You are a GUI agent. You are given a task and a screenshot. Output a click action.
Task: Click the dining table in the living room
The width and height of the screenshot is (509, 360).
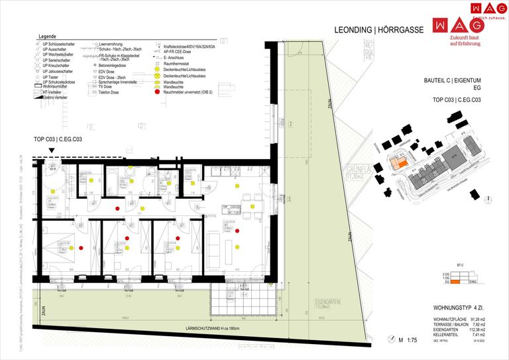tap(252, 197)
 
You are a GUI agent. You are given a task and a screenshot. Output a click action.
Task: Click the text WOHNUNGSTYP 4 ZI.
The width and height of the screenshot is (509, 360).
tap(463, 308)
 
